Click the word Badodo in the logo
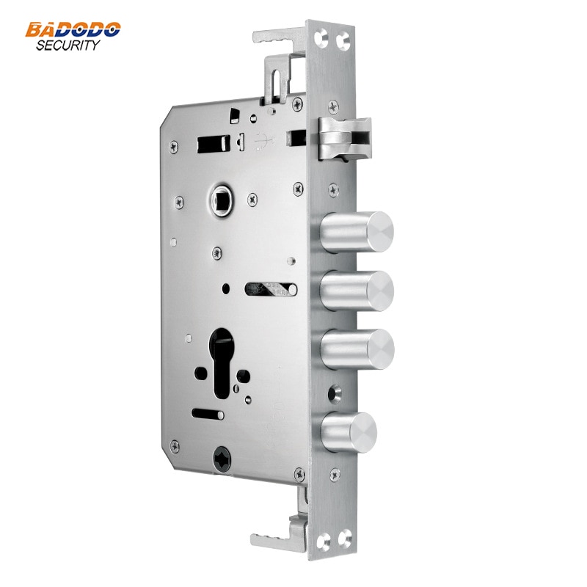(73, 30)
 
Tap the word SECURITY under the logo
(68, 45)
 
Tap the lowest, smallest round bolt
(350, 431)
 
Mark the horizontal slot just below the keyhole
(208, 414)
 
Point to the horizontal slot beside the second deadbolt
(270, 288)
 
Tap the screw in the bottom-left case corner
(174, 444)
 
